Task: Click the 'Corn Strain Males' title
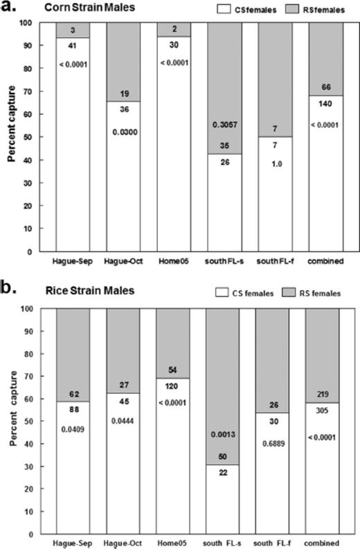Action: (x=89, y=8)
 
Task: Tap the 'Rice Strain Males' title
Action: (x=90, y=291)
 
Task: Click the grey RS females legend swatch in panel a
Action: (x=291, y=10)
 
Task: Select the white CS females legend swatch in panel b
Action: (x=222, y=292)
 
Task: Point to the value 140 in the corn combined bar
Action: (x=325, y=104)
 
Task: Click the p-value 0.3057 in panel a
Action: (x=225, y=125)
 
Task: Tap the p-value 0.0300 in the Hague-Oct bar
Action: (x=125, y=132)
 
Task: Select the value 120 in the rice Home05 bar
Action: (x=172, y=386)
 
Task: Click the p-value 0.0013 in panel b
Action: (x=223, y=435)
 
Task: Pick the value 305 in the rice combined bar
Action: (x=322, y=411)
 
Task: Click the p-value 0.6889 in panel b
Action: (x=273, y=444)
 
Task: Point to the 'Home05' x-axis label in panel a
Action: (x=174, y=261)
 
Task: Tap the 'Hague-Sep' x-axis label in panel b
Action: (x=73, y=543)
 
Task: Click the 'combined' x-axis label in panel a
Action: (x=325, y=261)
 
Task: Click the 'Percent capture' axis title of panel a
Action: (x=12, y=124)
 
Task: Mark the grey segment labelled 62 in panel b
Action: (x=73, y=354)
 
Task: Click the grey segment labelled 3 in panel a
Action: (x=73, y=30)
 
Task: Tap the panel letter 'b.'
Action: (x=9, y=289)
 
